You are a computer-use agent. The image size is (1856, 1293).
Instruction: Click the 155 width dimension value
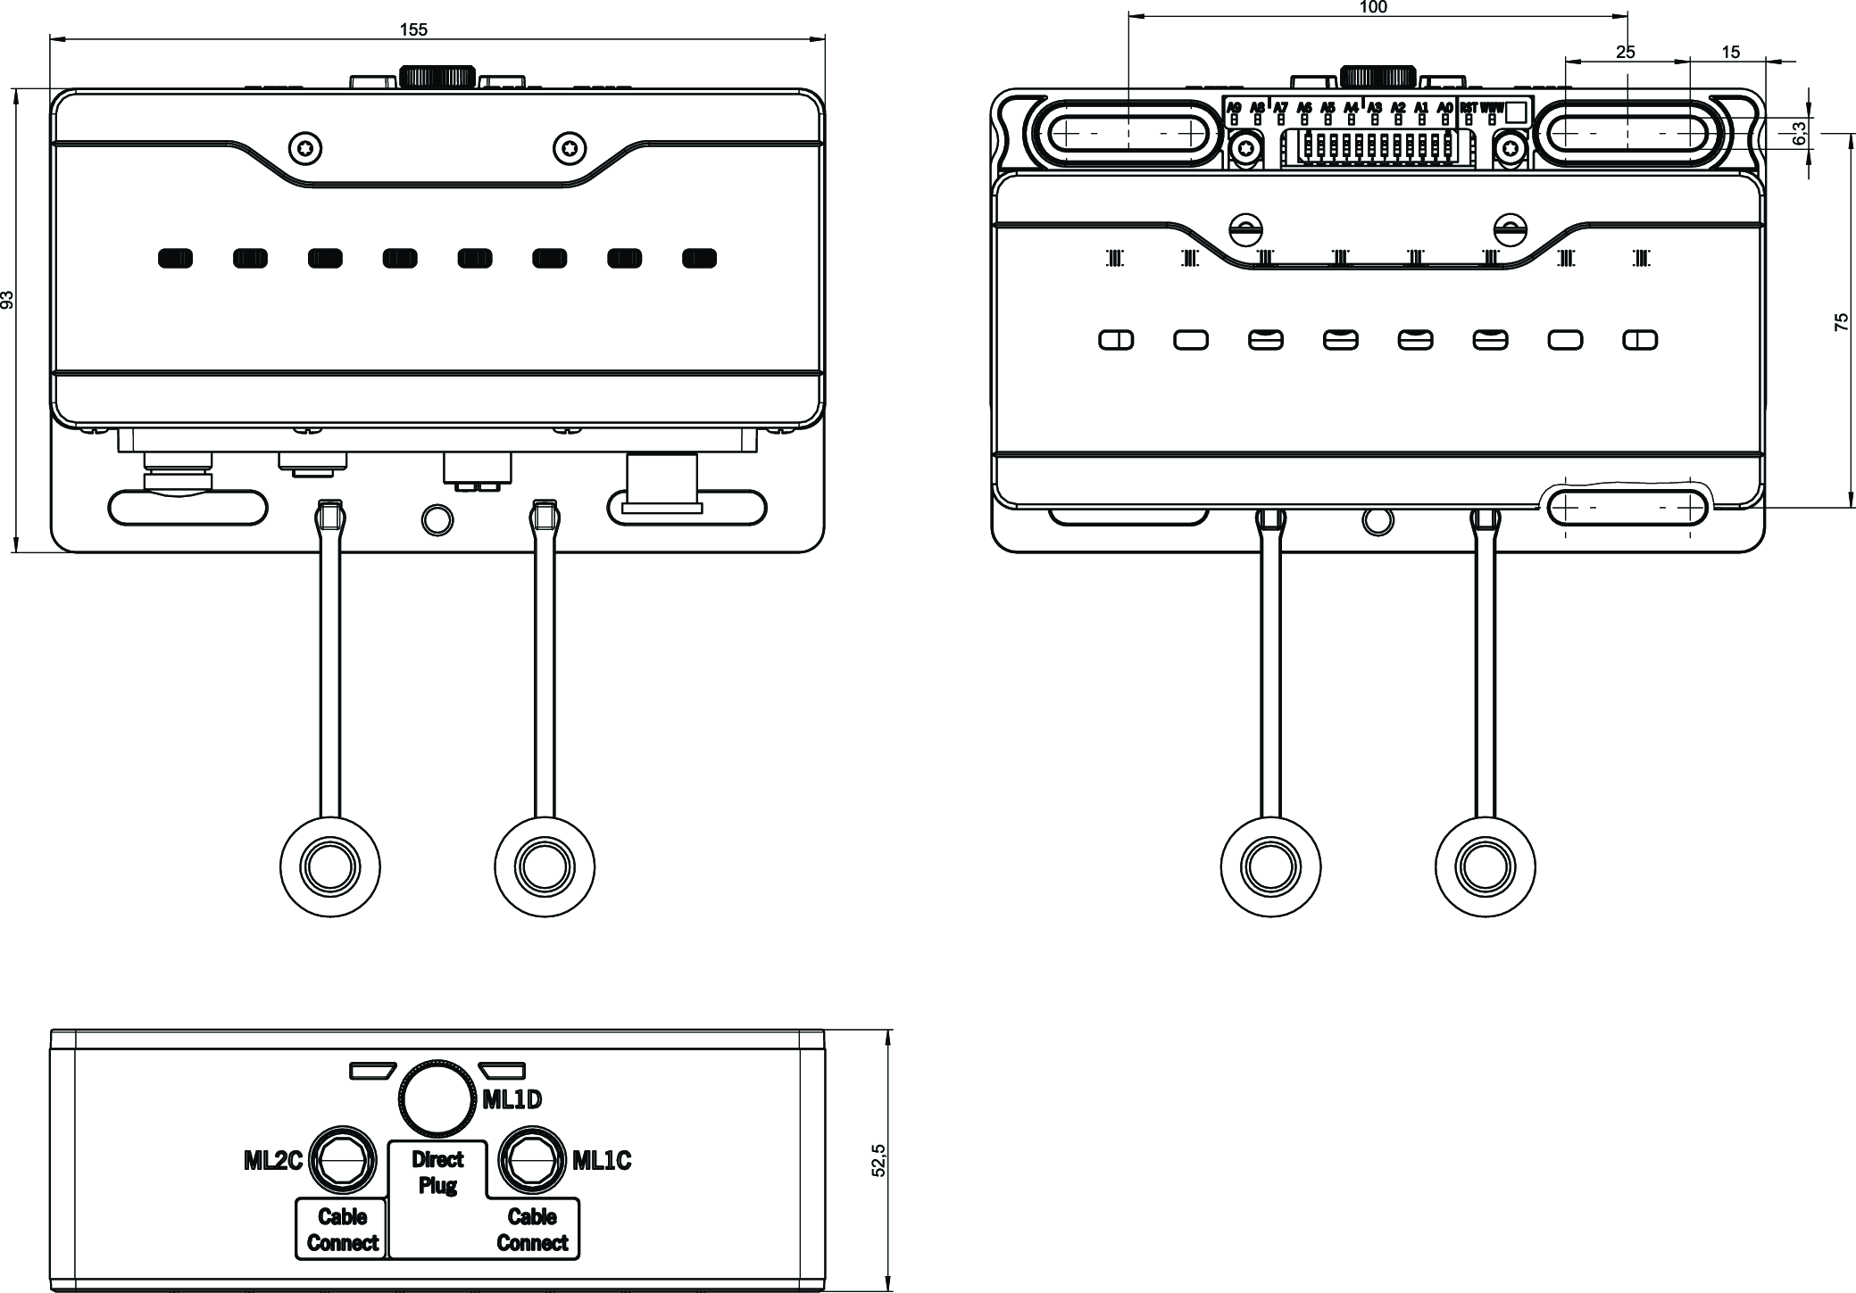413,29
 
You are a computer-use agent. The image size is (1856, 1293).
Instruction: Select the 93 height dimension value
8,300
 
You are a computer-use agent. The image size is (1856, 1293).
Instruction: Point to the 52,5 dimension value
879,1160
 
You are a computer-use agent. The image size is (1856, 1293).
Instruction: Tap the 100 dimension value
1373,8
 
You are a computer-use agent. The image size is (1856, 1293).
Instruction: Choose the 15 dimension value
1730,53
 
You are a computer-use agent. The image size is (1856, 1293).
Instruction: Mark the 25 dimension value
1626,53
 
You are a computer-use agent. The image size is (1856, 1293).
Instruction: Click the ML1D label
512,1100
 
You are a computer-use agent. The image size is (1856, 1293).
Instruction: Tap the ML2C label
273,1161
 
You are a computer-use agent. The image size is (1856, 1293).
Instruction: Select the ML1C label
602,1161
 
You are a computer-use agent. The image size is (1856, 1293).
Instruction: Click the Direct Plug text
437,1173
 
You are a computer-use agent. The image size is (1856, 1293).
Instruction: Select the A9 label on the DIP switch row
1235,108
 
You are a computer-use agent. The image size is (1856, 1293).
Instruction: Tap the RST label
1469,108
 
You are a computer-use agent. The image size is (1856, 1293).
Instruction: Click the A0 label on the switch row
1444,108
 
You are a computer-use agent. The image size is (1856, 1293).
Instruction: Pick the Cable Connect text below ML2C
342,1230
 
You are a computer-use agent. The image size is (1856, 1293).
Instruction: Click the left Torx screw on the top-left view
305,148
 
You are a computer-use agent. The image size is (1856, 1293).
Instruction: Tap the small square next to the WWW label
1516,112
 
